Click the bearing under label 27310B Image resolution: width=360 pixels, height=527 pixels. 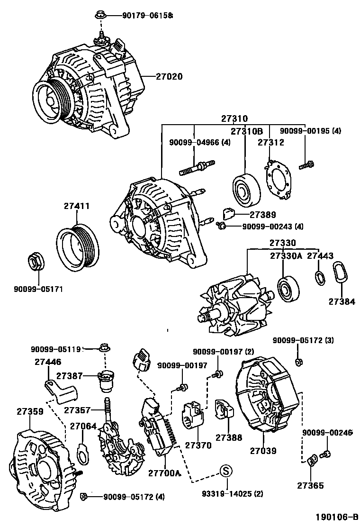pos(246,190)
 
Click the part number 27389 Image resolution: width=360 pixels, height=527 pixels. pos(263,214)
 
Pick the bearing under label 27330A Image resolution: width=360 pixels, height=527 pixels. pos(288,289)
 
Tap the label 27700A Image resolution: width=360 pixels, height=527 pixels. pos(164,472)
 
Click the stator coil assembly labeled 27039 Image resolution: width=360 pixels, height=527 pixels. pos(265,398)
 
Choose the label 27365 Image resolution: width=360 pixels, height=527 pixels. pos(311,485)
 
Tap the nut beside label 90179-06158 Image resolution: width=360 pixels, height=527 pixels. pos(100,16)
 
